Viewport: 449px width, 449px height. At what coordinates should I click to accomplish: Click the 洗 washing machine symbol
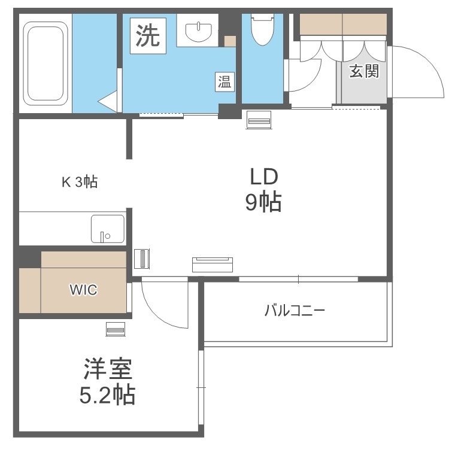(148, 36)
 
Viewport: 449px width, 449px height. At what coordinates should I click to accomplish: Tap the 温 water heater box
(224, 81)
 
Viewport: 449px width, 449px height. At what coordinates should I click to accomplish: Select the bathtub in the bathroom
(45, 63)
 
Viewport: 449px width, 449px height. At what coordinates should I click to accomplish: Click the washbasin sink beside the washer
(198, 32)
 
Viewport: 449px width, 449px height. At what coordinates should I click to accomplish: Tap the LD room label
(264, 177)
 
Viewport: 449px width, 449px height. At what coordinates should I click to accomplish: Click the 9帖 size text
(263, 202)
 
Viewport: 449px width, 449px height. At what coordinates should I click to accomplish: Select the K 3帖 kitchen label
(80, 181)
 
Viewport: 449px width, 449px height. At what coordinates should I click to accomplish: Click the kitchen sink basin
(108, 229)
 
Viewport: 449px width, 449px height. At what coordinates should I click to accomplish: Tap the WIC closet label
(84, 290)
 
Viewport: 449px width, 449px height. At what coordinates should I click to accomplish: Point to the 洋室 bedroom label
(108, 369)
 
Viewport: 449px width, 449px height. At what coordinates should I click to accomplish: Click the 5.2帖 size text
(107, 395)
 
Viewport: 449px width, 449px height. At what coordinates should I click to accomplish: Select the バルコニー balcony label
(295, 310)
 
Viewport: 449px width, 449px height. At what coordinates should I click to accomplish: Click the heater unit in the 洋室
(116, 329)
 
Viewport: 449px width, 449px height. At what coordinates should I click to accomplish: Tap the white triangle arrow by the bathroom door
(108, 102)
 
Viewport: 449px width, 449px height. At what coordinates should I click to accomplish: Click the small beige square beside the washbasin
(230, 41)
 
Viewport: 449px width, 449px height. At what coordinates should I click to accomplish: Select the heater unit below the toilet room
(259, 120)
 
